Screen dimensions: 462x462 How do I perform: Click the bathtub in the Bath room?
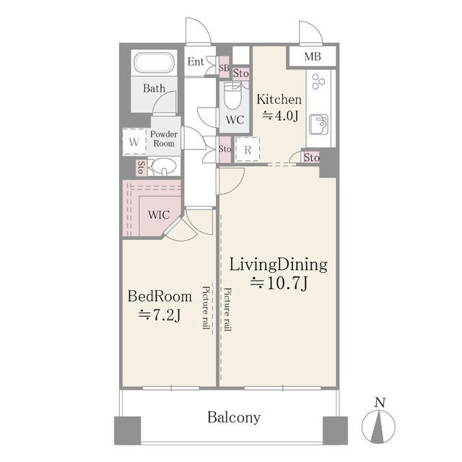click(x=154, y=63)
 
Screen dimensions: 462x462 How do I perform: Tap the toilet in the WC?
click(x=232, y=96)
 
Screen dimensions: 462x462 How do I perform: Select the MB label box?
click(x=313, y=56)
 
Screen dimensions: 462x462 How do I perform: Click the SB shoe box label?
click(x=224, y=68)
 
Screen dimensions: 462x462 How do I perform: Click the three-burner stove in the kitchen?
click(x=318, y=82)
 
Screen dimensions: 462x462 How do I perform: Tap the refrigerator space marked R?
click(x=248, y=149)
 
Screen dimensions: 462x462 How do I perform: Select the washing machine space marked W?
click(x=134, y=142)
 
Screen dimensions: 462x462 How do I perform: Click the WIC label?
click(x=159, y=215)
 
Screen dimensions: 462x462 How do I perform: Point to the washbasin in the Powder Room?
click(x=163, y=166)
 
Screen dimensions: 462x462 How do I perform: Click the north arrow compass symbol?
click(x=378, y=426)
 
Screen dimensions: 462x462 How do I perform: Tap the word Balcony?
click(x=234, y=417)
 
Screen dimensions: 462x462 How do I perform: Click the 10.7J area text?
click(x=279, y=284)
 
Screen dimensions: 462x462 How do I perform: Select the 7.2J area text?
click(x=160, y=315)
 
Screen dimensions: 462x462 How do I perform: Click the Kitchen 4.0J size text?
click(x=280, y=115)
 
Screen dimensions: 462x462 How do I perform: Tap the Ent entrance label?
click(x=196, y=62)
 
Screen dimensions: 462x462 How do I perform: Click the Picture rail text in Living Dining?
click(x=227, y=310)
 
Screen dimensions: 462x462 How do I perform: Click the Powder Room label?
click(x=164, y=139)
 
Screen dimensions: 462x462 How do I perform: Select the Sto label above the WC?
click(x=240, y=74)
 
